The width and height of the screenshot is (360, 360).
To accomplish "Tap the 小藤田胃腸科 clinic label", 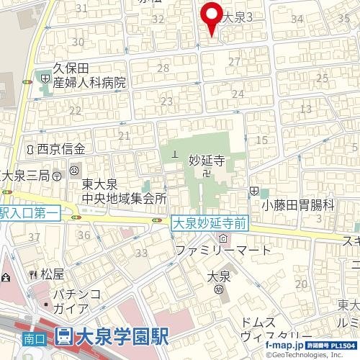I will click(x=298, y=205).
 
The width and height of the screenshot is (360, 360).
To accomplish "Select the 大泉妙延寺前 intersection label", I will click(x=210, y=225).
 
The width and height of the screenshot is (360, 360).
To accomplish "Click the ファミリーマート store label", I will click(x=224, y=251).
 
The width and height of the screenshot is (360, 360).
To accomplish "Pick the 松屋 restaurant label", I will click(x=53, y=274).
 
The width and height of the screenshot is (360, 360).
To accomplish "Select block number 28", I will click(x=163, y=68).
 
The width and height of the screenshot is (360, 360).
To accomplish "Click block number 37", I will click(x=33, y=237).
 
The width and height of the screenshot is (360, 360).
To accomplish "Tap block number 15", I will click(x=261, y=140).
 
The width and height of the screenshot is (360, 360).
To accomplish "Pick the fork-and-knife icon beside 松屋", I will click(x=32, y=274).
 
